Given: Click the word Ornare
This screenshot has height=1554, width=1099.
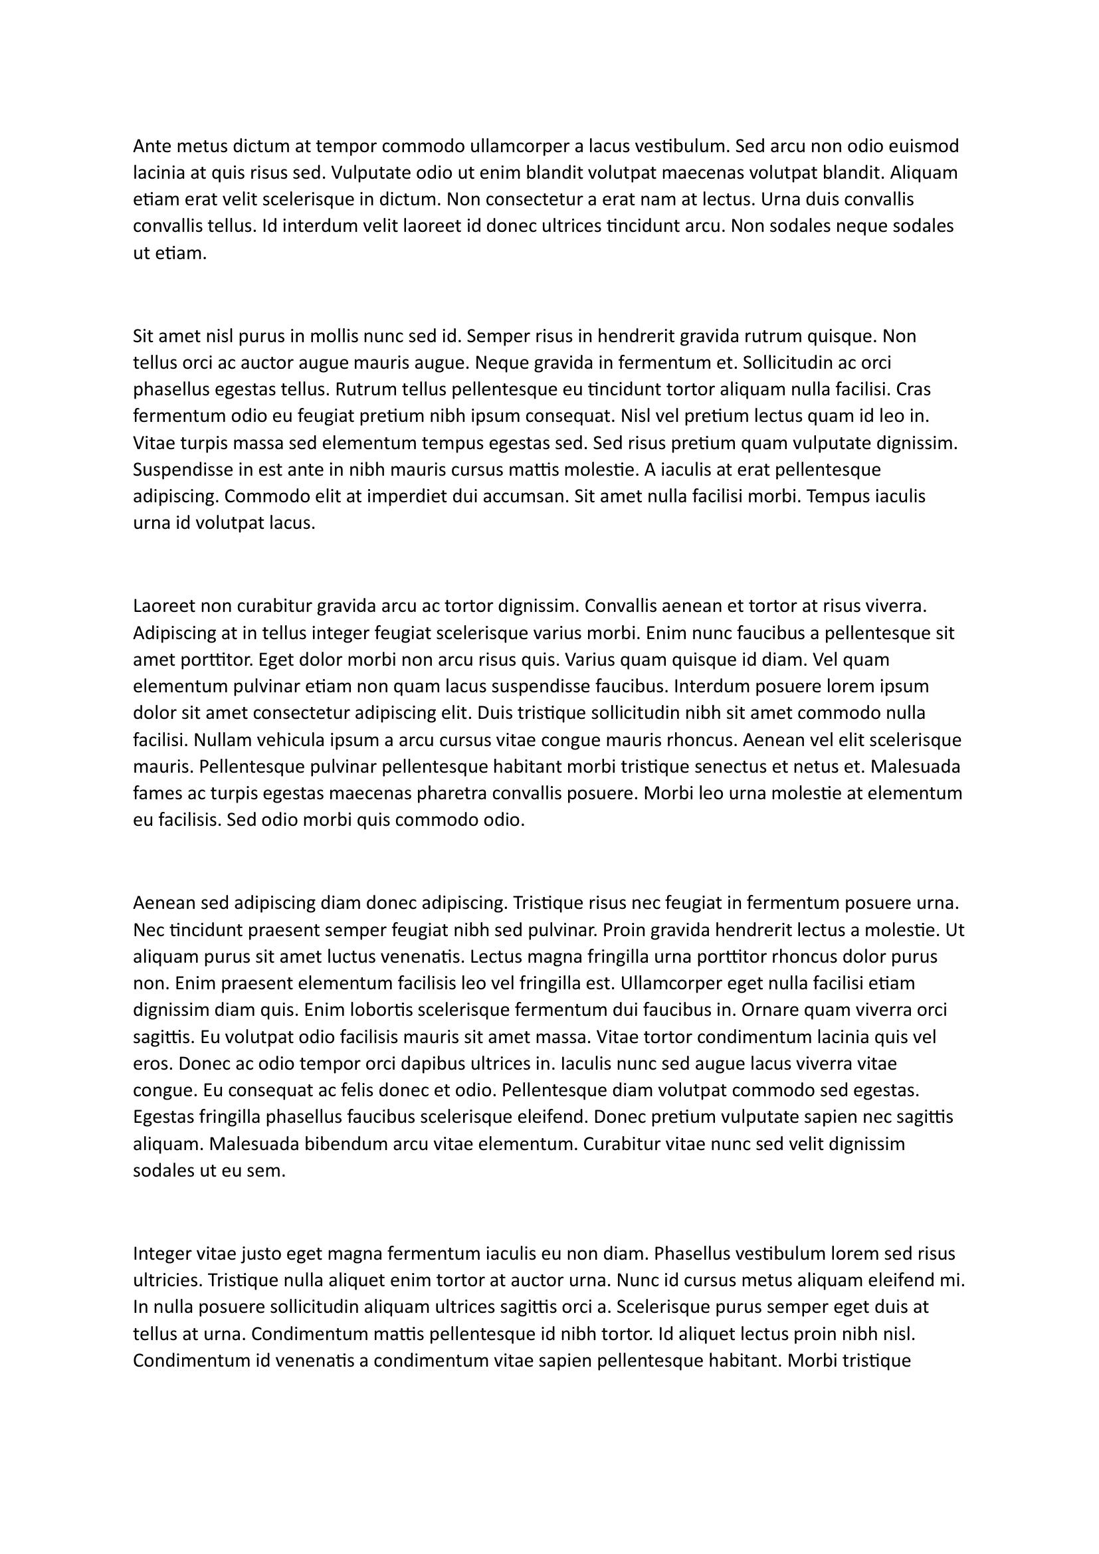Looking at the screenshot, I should [x=769, y=1011].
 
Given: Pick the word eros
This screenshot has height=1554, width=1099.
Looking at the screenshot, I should [x=153, y=1064].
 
